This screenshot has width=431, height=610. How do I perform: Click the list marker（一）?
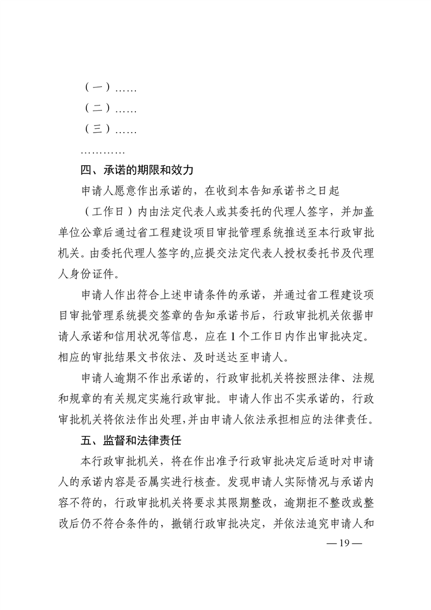click(x=98, y=88)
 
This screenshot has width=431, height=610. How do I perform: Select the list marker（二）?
click(x=98, y=109)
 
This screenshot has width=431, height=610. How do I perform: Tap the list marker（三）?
click(x=98, y=130)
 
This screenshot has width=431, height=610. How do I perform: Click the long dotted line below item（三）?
click(x=103, y=151)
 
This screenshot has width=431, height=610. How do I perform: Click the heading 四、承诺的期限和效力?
click(x=136, y=171)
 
